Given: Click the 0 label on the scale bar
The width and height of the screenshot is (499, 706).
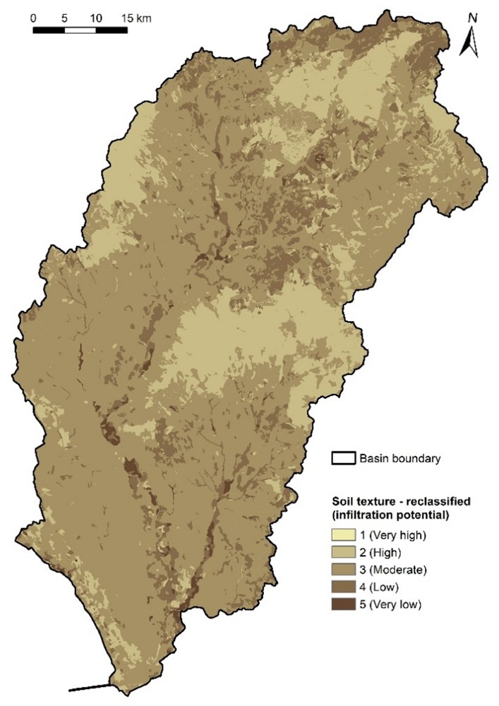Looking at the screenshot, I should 34,17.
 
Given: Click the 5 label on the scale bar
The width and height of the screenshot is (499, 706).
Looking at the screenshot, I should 64,17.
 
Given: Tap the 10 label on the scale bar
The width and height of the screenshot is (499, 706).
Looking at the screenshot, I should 96,17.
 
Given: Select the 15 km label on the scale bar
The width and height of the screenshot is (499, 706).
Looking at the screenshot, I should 135,17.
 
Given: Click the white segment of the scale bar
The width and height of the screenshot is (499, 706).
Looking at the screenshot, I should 80,30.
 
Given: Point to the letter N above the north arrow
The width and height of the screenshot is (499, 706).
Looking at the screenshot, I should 472,18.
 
